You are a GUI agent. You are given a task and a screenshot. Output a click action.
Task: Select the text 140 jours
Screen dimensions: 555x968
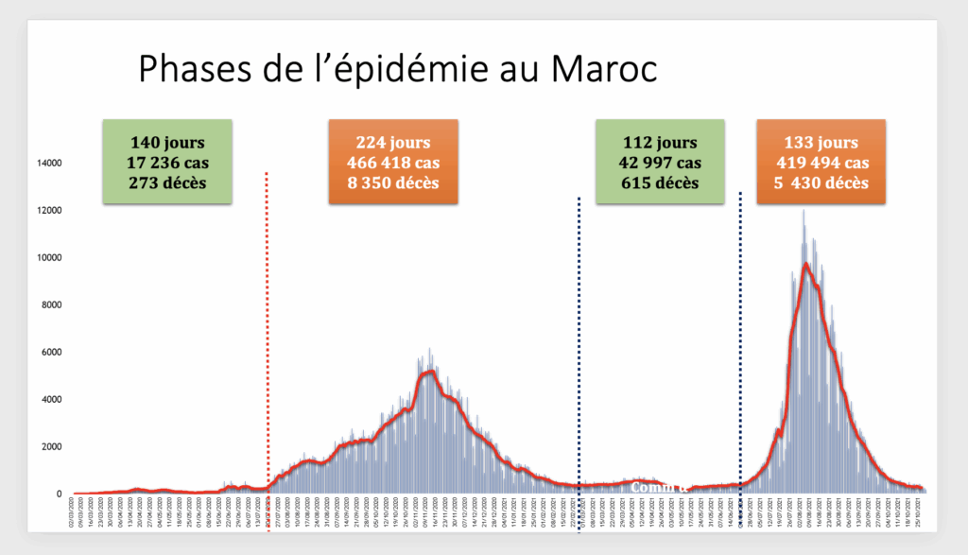[168, 143]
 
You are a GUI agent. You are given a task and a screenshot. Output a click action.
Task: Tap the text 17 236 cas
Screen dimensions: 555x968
[168, 163]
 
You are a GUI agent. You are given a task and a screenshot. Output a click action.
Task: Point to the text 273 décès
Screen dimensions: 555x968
[168, 182]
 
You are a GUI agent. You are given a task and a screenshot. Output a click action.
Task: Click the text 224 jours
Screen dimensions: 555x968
[392, 143]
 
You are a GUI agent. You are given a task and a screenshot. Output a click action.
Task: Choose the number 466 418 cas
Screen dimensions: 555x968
[392, 163]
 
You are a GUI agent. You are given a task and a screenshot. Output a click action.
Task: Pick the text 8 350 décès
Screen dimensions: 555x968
[392, 182]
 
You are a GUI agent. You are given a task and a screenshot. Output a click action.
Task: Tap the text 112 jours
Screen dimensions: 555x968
[660, 143]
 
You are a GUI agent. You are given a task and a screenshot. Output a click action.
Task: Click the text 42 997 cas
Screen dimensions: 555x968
[660, 163]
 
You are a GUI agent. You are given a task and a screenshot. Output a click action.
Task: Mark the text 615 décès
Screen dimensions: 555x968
[660, 182]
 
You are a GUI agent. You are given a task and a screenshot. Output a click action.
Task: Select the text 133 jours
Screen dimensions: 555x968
[821, 143]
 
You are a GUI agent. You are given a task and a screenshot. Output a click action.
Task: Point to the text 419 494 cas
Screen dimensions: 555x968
[821, 163]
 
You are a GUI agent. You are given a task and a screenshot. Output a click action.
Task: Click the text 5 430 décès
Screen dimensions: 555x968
[821, 182]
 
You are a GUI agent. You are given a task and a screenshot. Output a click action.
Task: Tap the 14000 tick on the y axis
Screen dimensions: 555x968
[48, 164]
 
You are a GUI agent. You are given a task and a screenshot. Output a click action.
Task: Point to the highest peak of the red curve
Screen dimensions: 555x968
[805, 264]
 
